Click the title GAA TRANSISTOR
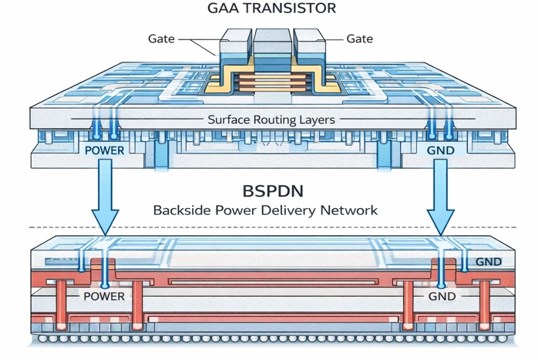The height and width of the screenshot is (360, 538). (269, 8)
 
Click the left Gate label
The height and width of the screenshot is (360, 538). (162, 39)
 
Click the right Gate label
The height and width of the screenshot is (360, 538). (361, 39)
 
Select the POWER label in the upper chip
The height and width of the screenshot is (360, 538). (104, 149)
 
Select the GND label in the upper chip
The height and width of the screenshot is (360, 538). (442, 149)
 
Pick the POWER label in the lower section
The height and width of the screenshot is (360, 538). (103, 296)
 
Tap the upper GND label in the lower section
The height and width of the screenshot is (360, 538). (488, 262)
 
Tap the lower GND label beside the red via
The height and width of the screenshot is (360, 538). (442, 296)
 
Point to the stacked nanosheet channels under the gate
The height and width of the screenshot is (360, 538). (269, 82)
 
